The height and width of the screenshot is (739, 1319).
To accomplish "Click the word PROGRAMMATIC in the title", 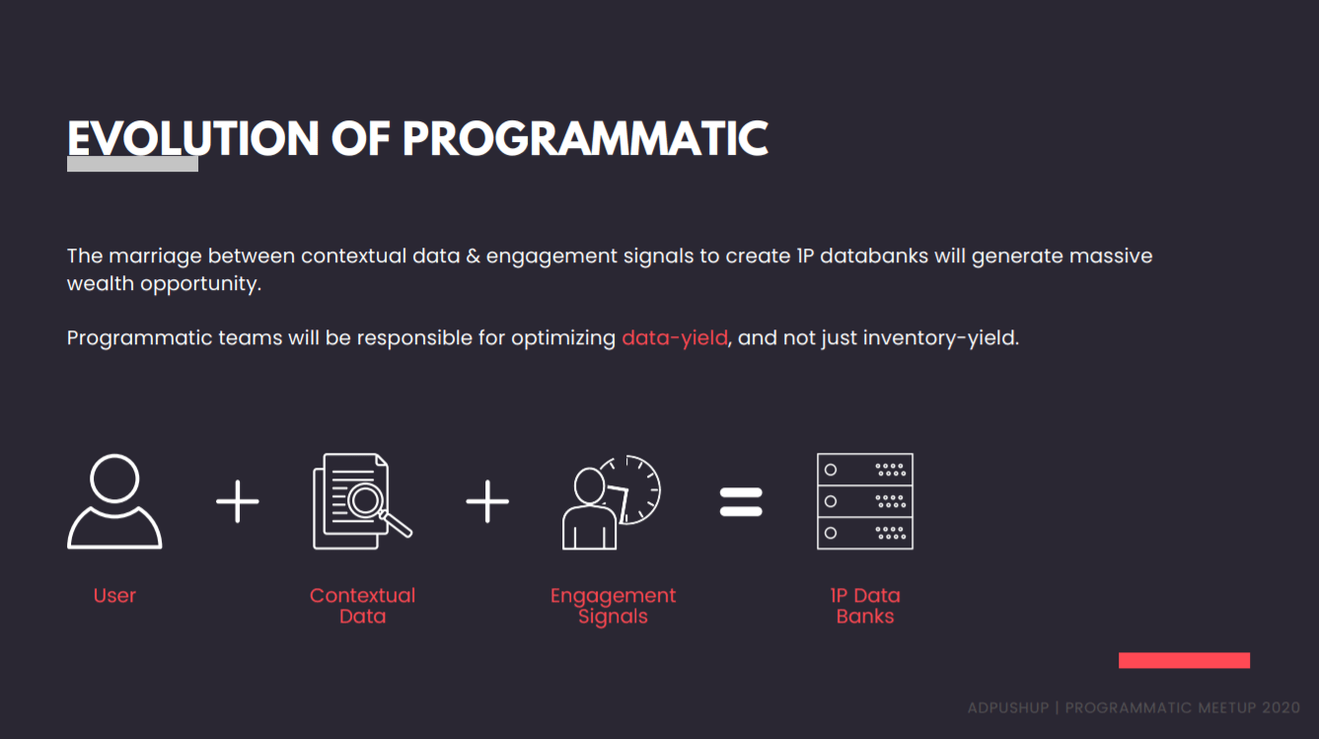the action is click(585, 139).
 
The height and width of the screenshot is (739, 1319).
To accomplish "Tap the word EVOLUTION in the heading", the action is click(193, 139).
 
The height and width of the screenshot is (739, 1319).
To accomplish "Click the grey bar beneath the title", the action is click(132, 164).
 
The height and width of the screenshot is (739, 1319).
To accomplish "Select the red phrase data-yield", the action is click(675, 338).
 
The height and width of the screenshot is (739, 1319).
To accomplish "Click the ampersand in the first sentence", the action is click(473, 257).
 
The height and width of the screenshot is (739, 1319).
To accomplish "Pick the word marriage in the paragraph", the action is click(156, 257).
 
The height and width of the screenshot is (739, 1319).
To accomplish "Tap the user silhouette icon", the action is click(114, 501).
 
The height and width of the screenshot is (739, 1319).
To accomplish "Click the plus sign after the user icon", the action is click(238, 501).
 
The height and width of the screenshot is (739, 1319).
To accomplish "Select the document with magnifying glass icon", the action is click(362, 501).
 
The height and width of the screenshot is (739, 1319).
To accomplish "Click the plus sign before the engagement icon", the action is click(487, 501).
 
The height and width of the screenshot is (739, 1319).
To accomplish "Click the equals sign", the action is click(741, 501).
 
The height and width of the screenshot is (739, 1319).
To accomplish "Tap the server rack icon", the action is click(865, 501).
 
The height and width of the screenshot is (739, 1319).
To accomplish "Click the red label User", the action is click(114, 595).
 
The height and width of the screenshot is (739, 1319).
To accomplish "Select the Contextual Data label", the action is click(362, 606).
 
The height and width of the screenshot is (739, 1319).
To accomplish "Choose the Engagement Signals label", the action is click(613, 607).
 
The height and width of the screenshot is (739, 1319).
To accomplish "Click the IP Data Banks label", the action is click(865, 606).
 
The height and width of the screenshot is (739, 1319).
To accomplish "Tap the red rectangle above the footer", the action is click(1184, 660).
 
